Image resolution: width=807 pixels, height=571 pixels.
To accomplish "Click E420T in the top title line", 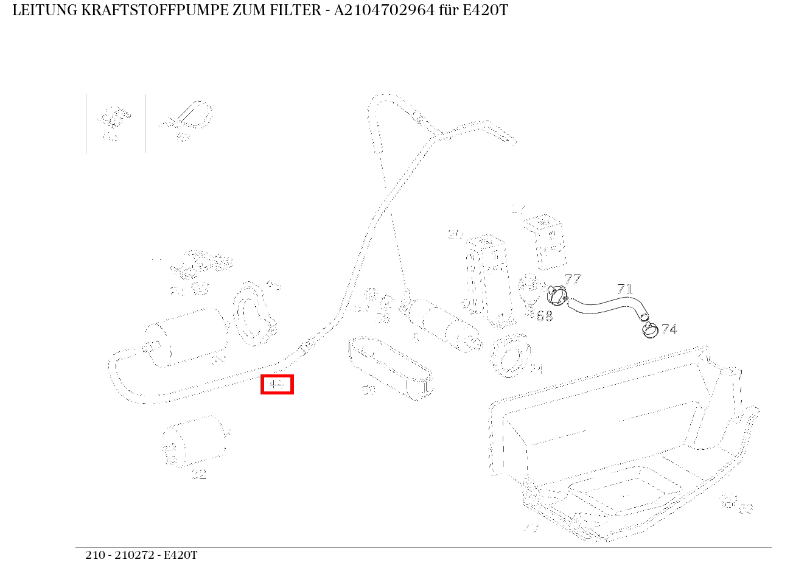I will (x=484, y=10).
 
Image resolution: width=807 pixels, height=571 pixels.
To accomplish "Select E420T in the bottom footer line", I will (x=181, y=555).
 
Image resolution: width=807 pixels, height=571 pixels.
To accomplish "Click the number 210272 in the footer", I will (x=133, y=555).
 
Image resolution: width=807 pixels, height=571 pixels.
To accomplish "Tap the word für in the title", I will (x=449, y=10).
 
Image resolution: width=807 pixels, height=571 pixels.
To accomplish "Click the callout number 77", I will (x=572, y=279).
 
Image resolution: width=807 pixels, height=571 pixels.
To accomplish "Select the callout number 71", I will (x=624, y=289).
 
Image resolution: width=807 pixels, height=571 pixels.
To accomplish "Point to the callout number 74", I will (x=669, y=329).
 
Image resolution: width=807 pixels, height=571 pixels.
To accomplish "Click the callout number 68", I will (x=544, y=316).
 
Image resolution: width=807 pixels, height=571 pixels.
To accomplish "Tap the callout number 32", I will (x=199, y=475).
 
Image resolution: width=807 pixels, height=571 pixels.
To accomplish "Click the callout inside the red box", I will (x=277, y=385).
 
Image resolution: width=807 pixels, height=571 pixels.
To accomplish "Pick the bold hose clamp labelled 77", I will (x=557, y=296).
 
